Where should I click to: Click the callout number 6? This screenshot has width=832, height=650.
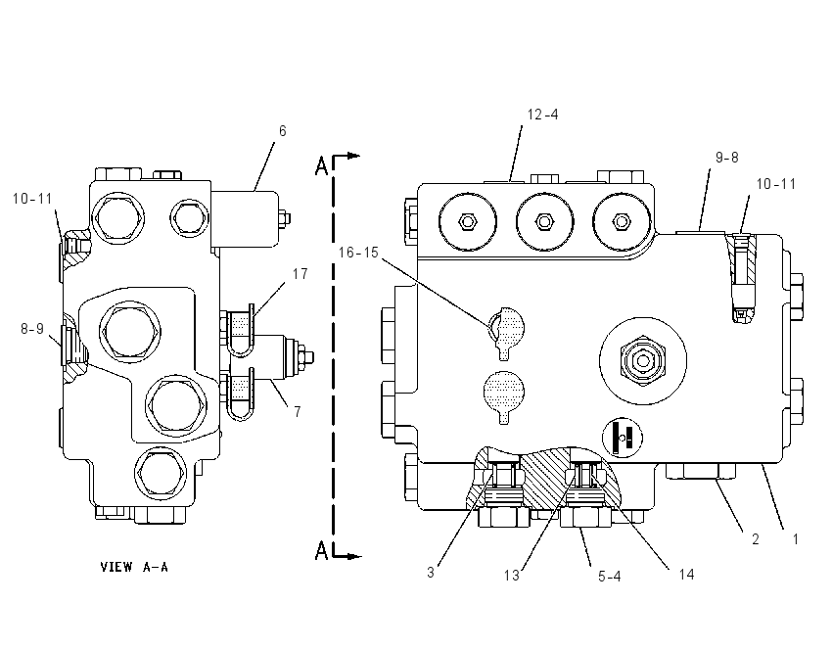coord(282,131)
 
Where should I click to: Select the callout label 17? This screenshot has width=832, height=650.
coord(300,274)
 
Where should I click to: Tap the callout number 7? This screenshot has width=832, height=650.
coord(298,412)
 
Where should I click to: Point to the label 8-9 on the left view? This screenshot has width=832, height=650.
coord(32,329)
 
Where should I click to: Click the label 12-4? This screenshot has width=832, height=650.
coord(542,115)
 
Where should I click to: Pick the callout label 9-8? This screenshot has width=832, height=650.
coord(727,158)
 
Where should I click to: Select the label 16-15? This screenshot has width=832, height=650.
coord(358,253)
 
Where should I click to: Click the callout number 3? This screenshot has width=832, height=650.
coord(431,573)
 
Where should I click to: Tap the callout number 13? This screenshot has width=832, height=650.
coord(512,576)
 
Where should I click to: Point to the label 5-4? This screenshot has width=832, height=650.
coord(609,577)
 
